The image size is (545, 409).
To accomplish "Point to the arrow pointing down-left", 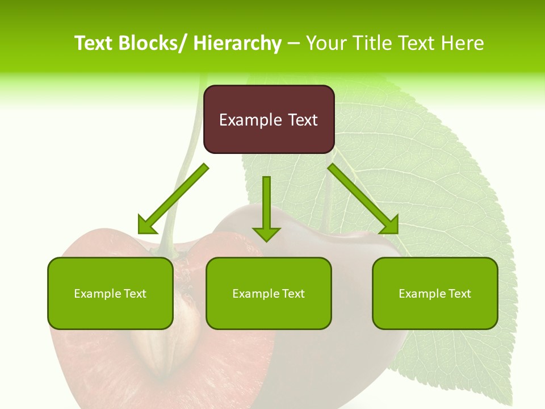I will coord(173,199).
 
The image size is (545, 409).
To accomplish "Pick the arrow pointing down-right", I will coord(363,199).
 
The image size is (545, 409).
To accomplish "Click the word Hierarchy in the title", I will coord(237,43).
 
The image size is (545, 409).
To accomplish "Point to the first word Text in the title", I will coord(94,43).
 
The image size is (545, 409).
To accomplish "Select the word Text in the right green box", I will coord(459,294).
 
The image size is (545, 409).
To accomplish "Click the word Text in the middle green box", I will coord(293,294).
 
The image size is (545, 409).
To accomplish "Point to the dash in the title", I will coord(294,43).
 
